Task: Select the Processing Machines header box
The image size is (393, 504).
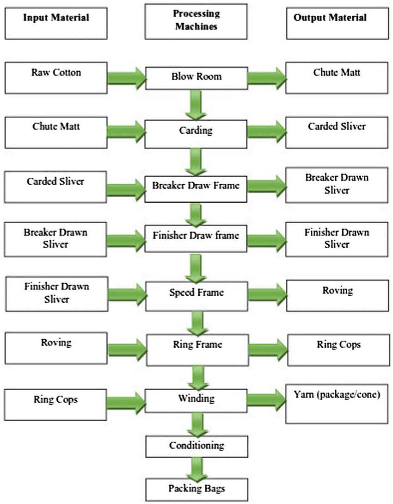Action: (196, 21)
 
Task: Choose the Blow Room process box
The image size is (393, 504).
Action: (196, 77)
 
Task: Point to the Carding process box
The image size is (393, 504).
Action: (196, 131)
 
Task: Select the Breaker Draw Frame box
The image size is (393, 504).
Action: (196, 186)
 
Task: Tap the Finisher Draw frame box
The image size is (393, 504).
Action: (196, 236)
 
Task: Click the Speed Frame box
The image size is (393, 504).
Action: (196, 293)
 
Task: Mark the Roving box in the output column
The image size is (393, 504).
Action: (337, 296)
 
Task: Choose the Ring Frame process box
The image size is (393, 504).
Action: (196, 345)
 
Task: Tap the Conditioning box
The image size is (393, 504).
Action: (196, 446)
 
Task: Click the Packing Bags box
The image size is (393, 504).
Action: (196, 489)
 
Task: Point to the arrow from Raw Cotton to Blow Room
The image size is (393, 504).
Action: (126, 77)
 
